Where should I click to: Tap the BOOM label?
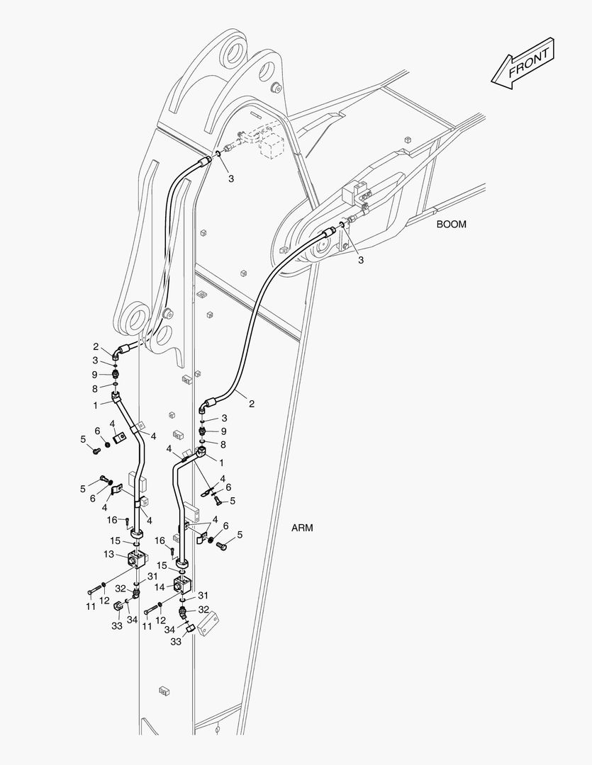point(451,225)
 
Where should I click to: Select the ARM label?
point(301,528)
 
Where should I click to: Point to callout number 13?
point(108,553)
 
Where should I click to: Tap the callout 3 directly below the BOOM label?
point(360,260)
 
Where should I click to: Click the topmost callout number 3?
point(230,179)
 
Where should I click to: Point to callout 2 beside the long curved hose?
point(251,404)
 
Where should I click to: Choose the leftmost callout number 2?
point(96,346)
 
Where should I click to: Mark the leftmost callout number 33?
point(117,625)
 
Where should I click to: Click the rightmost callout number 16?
point(160,540)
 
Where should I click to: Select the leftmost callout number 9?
point(94,374)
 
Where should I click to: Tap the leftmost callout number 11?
point(91,607)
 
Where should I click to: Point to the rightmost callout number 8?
point(223,444)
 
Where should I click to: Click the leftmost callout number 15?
point(114,540)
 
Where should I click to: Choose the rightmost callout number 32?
point(203,609)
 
